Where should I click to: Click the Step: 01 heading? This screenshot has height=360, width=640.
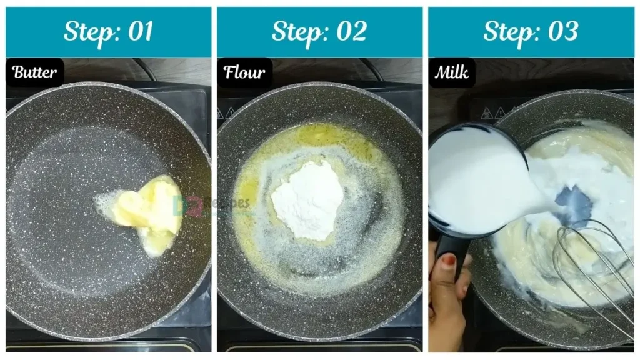point(108,32)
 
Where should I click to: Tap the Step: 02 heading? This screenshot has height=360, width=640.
point(319,32)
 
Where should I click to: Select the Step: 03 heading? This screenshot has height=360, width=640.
point(531,32)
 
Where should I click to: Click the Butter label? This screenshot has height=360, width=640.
point(35,72)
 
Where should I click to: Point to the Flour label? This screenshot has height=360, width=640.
point(244,72)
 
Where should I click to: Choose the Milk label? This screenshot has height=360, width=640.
point(452,72)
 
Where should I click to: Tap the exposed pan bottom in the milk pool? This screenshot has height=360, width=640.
point(574,206)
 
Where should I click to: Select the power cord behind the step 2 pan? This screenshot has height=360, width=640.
point(375,69)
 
